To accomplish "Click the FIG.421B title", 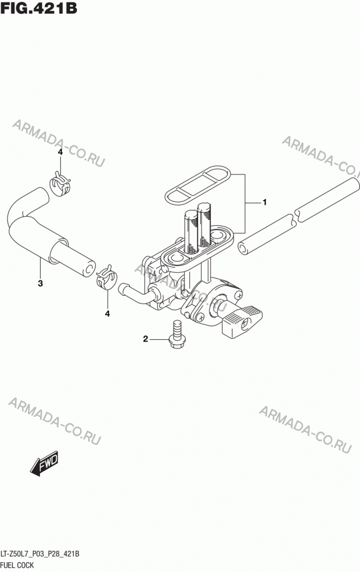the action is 38,8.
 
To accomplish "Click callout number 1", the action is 264,202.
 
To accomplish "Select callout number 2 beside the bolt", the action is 145,339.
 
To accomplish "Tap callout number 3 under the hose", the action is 40,283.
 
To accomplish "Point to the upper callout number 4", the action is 60,152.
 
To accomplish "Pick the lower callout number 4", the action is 108,313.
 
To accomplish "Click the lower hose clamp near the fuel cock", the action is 106,277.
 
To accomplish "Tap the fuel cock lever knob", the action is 243,321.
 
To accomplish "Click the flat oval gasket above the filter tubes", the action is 197,185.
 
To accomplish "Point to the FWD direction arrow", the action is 44,464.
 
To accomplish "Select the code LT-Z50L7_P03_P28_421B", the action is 40,554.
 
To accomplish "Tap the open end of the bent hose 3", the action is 88,269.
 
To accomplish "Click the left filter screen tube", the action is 191,232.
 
